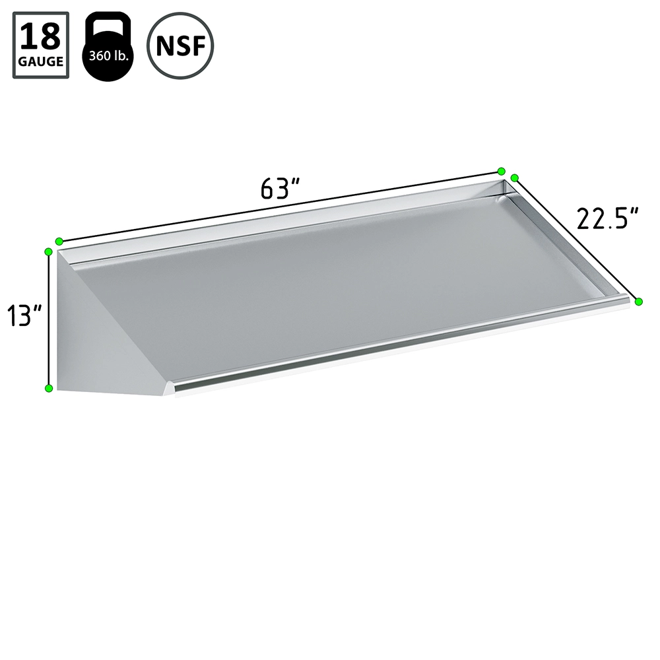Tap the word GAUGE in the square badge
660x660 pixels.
pyautogui.click(x=41, y=61)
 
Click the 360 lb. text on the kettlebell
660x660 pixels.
pyautogui.click(x=108, y=55)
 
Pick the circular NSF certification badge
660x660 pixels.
pyautogui.click(x=180, y=46)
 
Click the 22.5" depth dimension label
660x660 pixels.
pyautogui.click(x=607, y=218)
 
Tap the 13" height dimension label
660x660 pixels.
pyautogui.click(x=24, y=315)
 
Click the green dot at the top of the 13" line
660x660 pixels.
pyautogui.click(x=48, y=252)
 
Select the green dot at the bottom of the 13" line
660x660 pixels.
pyautogui.click(x=49, y=387)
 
